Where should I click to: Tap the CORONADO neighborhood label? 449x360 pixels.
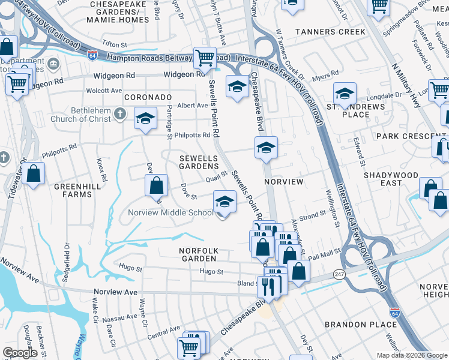coord(148,97)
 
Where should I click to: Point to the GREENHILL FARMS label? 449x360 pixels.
coord(77,190)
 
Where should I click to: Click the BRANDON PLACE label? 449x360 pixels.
coord(360,325)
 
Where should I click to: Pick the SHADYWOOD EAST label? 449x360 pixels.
coord(391,179)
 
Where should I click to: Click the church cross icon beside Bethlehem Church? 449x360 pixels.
coord(120,112)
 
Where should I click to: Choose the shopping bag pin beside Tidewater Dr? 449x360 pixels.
coord(35,173)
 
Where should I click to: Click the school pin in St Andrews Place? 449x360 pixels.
coord(345,94)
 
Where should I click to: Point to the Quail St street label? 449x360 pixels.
coord(216,176)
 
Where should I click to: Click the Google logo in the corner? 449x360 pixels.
coord(20,353)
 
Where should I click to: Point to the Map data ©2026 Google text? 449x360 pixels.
coord(411,355)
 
